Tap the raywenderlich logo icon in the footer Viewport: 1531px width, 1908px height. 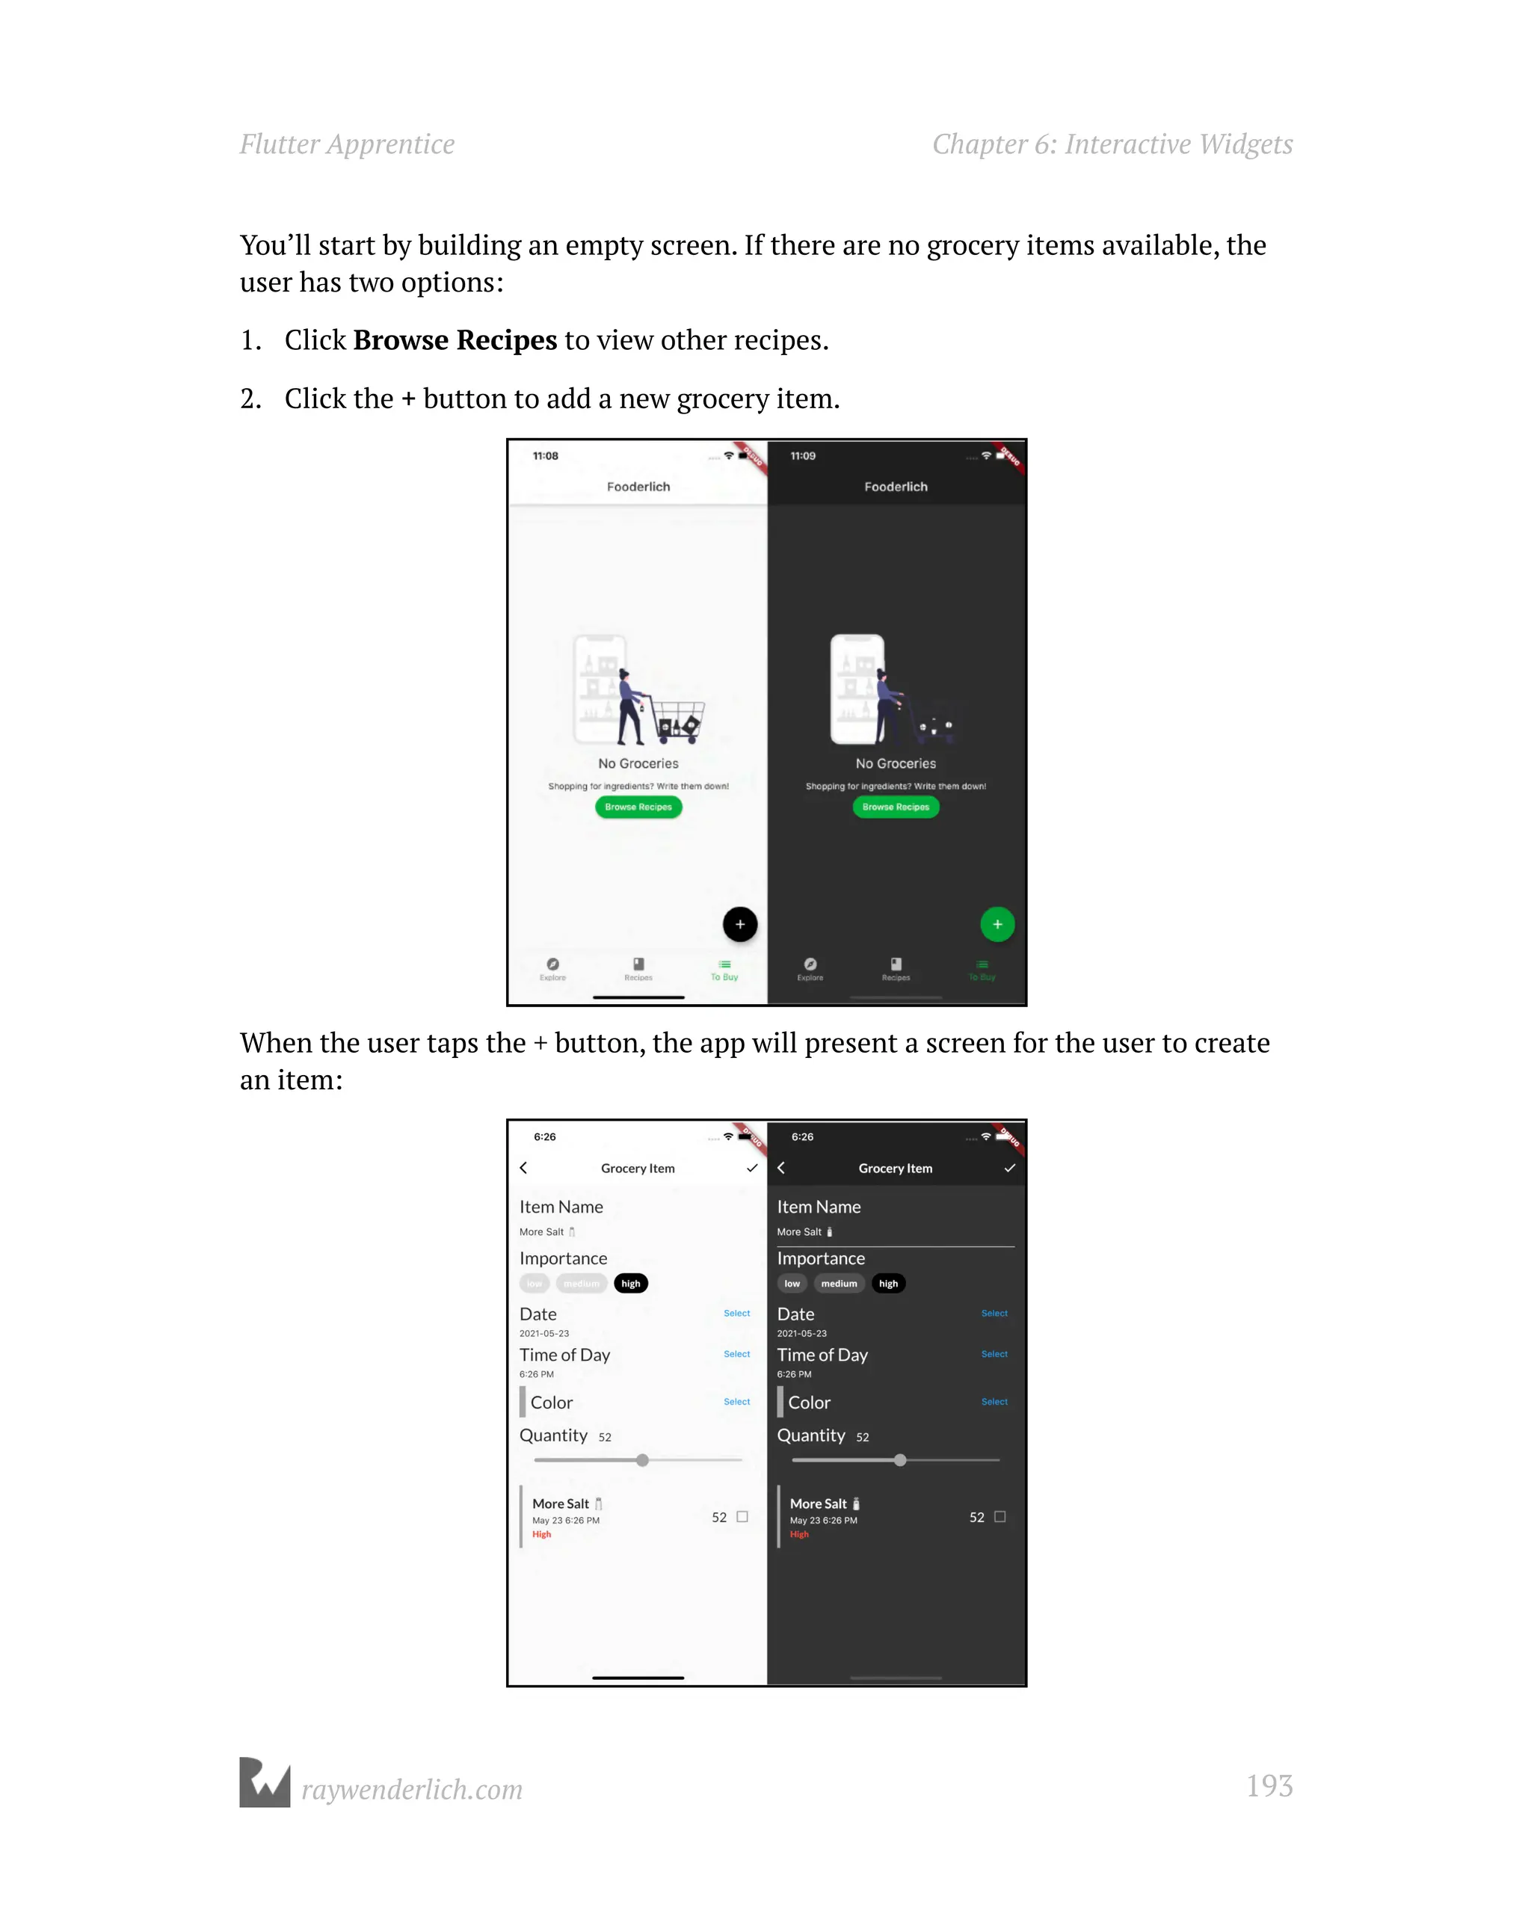(x=265, y=1782)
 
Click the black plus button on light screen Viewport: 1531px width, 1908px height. (x=740, y=925)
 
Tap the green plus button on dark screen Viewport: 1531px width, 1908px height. (x=997, y=925)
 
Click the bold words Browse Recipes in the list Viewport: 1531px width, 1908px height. (x=455, y=340)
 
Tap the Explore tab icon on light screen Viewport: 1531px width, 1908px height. (x=553, y=964)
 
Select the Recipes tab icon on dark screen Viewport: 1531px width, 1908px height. (x=896, y=964)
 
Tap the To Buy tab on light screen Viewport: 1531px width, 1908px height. (x=724, y=970)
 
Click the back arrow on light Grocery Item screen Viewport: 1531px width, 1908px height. (x=524, y=1168)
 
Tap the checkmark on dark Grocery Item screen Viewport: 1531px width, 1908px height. (x=1010, y=1168)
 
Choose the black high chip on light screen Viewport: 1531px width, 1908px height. (x=630, y=1283)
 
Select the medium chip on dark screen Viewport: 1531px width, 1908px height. (x=839, y=1283)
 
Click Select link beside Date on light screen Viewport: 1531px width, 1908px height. (x=736, y=1314)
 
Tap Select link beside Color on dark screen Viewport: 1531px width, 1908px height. (x=994, y=1402)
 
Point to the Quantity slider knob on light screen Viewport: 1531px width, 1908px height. (x=642, y=1460)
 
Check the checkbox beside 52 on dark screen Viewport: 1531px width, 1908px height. (x=1000, y=1516)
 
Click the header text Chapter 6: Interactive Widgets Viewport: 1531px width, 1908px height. (x=1112, y=144)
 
